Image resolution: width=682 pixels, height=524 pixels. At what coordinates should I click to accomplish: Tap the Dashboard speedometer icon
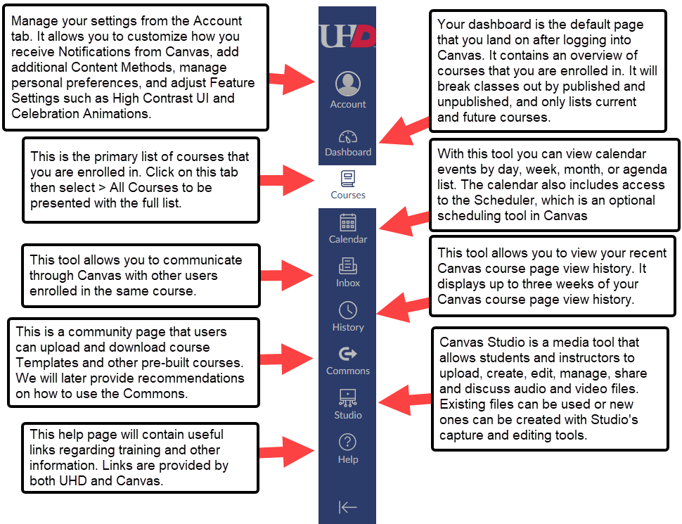point(348,136)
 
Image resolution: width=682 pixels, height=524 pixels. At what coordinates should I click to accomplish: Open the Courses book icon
point(348,178)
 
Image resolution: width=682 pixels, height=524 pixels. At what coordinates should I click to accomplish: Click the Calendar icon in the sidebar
point(348,223)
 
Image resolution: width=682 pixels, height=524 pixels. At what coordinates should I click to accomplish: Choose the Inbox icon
point(348,267)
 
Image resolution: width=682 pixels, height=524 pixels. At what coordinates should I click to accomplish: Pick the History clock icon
point(348,310)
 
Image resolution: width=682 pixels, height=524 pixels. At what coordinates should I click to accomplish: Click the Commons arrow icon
point(348,354)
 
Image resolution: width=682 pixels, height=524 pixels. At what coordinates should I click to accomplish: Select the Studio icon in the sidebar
point(348,398)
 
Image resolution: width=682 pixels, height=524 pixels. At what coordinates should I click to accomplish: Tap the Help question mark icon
point(348,442)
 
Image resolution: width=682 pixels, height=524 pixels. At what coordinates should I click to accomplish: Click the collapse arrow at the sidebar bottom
point(348,507)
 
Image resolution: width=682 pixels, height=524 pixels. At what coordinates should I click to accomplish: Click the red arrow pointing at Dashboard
point(404,134)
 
